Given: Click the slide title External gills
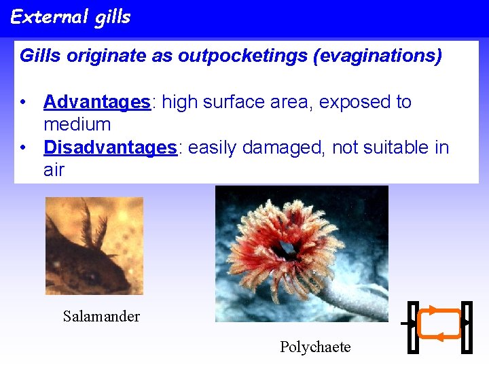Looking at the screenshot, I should pos(71,17).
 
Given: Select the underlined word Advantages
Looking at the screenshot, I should pos(96,102).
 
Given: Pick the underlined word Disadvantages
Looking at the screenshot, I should pos(110,147).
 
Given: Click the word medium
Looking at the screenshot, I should pos(77,124).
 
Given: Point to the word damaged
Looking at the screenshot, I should pos(290,147).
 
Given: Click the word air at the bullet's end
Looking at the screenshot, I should pos(54,170).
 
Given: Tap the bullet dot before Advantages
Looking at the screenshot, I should pos(24,103).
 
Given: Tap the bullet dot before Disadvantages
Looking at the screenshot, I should pos(24,148).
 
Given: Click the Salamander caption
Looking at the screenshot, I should pos(101,316).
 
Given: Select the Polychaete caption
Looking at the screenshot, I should pos(315,347).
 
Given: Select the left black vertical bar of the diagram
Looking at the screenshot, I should pos(412,328).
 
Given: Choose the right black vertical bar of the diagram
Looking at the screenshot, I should pos(466,328).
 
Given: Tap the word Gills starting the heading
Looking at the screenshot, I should pos(40,56).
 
